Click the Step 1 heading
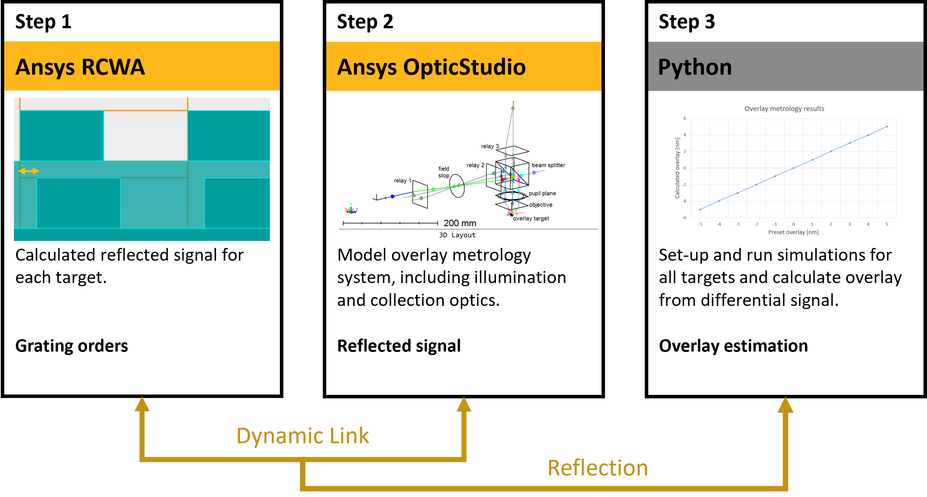tap(43, 22)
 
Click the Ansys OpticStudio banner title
tap(431, 67)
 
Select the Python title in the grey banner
tap(695, 67)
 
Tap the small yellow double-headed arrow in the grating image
tap(29, 171)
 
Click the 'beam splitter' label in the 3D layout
tap(548, 165)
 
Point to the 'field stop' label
tap(444, 172)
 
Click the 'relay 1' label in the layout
tap(402, 181)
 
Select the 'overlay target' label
tap(531, 219)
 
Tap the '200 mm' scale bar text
tap(460, 223)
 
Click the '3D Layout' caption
tap(457, 235)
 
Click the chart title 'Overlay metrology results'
tap(784, 109)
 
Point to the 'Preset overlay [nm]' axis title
tap(793, 232)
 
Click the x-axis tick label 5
tap(887, 224)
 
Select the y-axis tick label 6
tap(685, 118)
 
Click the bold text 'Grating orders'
tap(72, 346)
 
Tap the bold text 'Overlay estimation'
tap(733, 346)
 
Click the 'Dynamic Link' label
tap(302, 436)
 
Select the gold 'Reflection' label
tap(598, 468)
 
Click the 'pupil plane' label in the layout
tap(542, 193)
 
